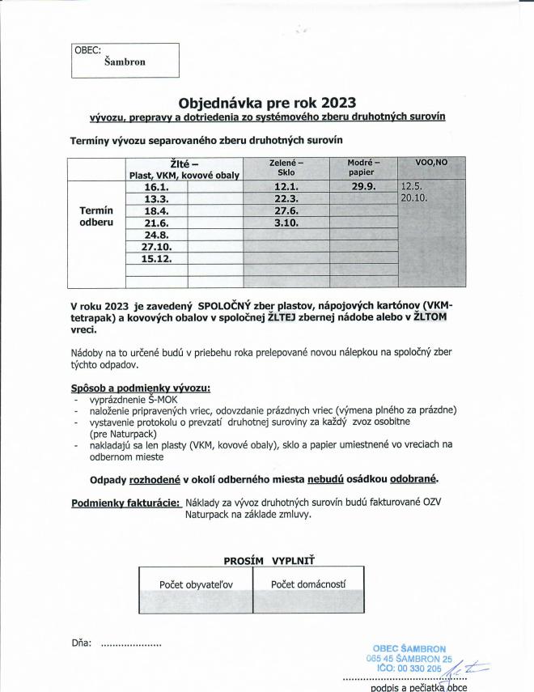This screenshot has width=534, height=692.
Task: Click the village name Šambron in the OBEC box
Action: pos(125,62)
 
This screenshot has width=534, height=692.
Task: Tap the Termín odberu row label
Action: pos(96,215)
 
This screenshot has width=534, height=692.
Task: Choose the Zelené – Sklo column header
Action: pos(286,167)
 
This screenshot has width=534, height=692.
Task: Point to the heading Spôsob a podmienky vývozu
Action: pos(141,388)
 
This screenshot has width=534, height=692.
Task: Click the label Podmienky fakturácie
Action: pos(125,502)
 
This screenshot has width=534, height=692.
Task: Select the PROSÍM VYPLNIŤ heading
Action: pos(269,559)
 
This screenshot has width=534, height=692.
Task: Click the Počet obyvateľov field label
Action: pos(196,584)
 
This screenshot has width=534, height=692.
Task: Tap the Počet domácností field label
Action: pos(308,584)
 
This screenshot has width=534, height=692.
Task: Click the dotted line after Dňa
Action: pos(130,644)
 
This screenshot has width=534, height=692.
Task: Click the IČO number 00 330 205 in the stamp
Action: pos(422,669)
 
